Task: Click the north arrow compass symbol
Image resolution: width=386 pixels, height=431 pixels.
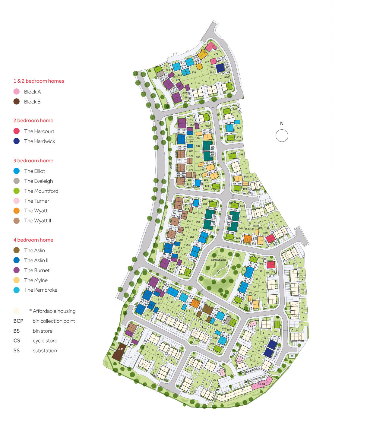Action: click(x=282, y=135)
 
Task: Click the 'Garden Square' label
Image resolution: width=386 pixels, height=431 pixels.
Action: click(x=218, y=260)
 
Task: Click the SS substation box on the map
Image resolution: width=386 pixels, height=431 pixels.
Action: click(x=292, y=356)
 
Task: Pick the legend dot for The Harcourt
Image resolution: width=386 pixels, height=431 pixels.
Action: click(x=17, y=131)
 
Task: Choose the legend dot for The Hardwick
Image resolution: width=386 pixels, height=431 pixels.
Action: click(x=17, y=141)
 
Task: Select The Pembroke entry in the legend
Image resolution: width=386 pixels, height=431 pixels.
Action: click(x=41, y=290)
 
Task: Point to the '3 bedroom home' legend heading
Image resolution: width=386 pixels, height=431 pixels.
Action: click(x=33, y=160)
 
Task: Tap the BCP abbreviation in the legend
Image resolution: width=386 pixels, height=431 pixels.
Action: click(x=18, y=321)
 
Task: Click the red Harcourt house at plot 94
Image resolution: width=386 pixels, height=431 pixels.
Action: click(x=271, y=265)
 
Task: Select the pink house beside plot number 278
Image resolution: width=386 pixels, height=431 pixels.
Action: click(x=210, y=46)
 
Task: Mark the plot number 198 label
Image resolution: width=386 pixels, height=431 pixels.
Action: click(x=241, y=154)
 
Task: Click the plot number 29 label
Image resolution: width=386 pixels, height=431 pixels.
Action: click(x=215, y=380)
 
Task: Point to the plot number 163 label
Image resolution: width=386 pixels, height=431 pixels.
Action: click(x=238, y=238)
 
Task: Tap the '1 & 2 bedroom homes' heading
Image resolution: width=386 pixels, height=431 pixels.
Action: click(x=39, y=81)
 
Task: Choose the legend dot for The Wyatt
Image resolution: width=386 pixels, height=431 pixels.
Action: click(x=17, y=211)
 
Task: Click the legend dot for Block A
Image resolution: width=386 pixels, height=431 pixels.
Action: click(x=17, y=92)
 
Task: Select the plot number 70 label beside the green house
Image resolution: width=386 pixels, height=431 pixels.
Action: click(x=276, y=332)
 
